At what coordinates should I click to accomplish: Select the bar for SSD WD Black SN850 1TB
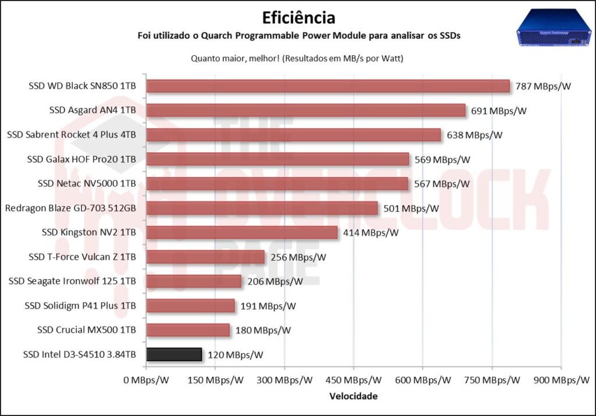pyautogui.click(x=328, y=86)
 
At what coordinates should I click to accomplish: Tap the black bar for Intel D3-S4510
pyautogui.click(x=174, y=354)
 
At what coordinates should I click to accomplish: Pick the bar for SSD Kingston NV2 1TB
pyautogui.click(x=242, y=232)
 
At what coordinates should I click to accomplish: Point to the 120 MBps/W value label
pyautogui.click(x=236, y=354)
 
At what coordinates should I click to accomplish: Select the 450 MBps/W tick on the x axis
pyautogui.click(x=353, y=381)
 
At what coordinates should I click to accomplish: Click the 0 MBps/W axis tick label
pyautogui.click(x=147, y=381)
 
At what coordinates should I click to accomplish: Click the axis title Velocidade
pyautogui.click(x=353, y=396)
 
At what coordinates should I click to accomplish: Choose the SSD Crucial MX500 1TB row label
pyautogui.click(x=86, y=330)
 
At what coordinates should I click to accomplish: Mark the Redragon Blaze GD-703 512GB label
pyautogui.click(x=70, y=208)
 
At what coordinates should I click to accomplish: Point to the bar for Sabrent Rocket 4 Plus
pyautogui.click(x=293, y=135)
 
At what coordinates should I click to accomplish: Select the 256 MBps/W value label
pyautogui.click(x=299, y=257)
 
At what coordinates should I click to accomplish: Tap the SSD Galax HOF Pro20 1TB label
pyautogui.click(x=81, y=159)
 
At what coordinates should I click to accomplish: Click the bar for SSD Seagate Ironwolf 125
pyautogui.click(x=194, y=281)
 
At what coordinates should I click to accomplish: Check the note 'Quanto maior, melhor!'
pyautogui.click(x=231, y=59)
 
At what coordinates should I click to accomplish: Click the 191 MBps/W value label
pyautogui.click(x=268, y=306)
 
